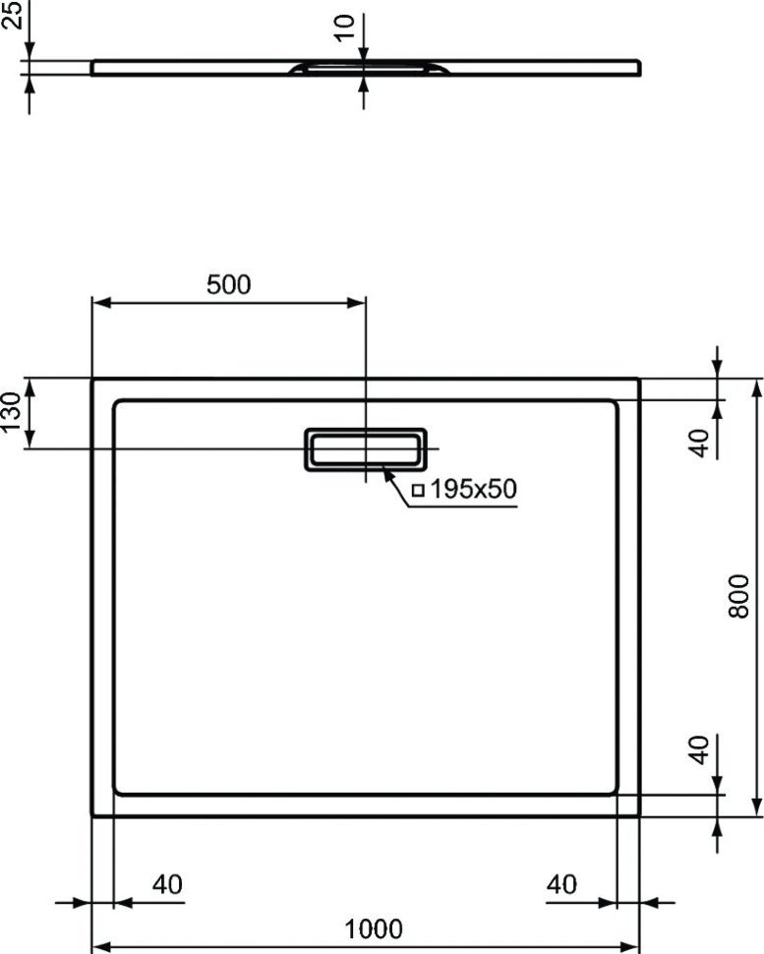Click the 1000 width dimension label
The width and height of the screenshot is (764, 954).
(x=374, y=929)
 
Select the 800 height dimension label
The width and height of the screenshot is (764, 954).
(x=738, y=596)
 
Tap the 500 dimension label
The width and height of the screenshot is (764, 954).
(x=229, y=284)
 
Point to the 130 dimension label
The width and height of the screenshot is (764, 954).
(x=12, y=412)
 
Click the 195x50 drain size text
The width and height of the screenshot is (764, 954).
(x=473, y=489)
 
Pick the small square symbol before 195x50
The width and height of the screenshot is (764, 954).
(x=418, y=490)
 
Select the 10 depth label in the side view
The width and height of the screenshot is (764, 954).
(x=345, y=28)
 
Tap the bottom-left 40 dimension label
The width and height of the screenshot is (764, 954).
(x=167, y=884)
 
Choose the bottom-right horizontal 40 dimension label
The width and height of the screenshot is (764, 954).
(x=561, y=884)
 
